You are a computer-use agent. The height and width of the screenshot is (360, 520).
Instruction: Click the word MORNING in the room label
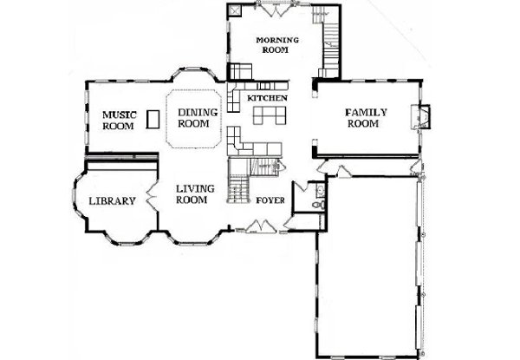pos(277,40)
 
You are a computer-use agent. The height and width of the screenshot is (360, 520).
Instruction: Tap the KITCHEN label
pos(267,98)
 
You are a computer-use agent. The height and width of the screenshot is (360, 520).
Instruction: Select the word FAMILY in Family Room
pos(366,113)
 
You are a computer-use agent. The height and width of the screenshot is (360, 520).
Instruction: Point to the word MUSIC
pos(120,115)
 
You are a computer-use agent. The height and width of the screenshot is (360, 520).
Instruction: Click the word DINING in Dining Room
pos(198,113)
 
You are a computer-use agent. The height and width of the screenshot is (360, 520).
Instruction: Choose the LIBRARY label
pos(112,201)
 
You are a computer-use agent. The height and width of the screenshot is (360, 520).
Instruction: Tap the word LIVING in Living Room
pos(195,189)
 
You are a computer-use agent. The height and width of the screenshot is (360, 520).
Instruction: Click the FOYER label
pos(270,200)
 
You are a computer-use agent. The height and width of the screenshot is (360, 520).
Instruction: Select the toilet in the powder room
pos(319,204)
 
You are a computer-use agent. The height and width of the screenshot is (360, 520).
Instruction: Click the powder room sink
pos(321,190)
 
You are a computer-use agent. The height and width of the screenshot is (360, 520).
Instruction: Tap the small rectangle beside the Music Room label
pos(153,119)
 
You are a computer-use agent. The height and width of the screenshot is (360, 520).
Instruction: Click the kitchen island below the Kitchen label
pos(270,115)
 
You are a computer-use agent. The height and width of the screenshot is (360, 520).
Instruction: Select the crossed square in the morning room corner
pos(235,10)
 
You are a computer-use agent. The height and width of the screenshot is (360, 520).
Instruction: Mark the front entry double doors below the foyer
pos(261,226)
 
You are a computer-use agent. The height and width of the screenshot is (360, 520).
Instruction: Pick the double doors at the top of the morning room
pos(276,9)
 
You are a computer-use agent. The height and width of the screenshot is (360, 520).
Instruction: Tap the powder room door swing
pos(301,186)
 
